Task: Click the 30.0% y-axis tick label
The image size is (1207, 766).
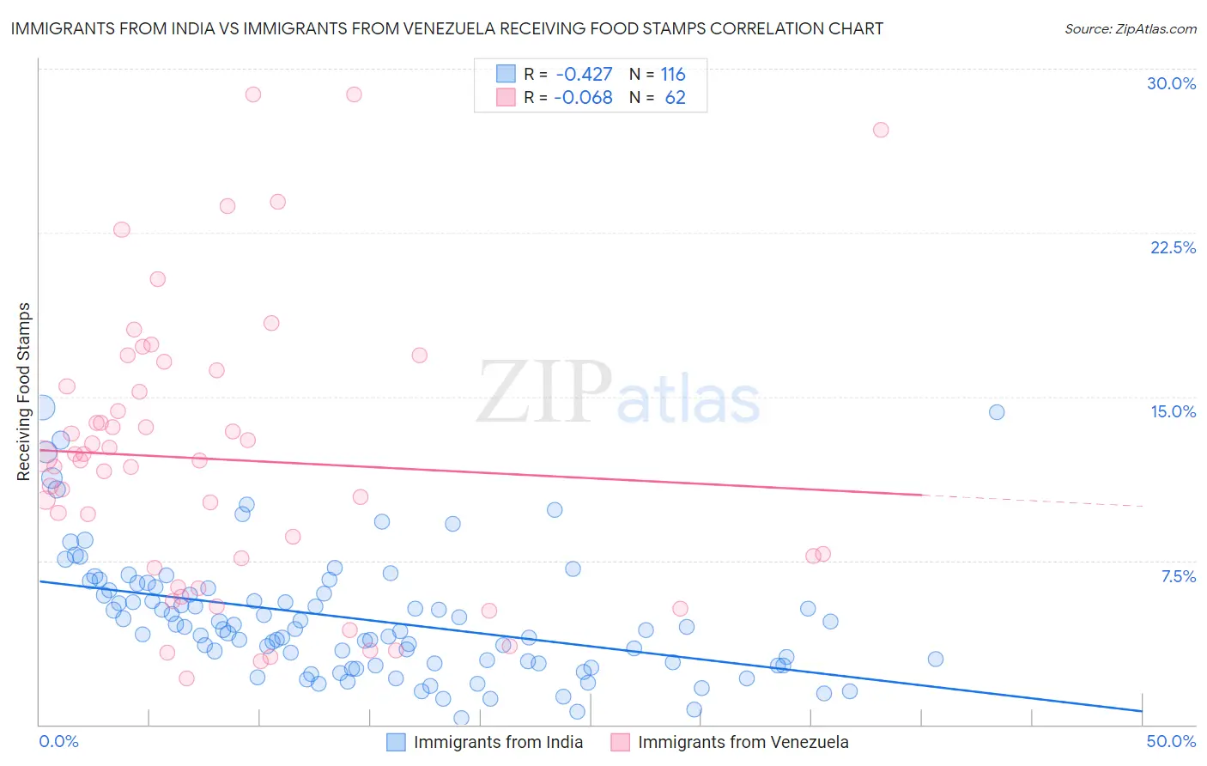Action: (1171, 83)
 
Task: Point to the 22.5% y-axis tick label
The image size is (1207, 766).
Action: (1173, 247)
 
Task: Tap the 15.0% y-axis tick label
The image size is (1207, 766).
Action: (1173, 411)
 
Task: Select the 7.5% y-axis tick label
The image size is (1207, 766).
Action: (1178, 576)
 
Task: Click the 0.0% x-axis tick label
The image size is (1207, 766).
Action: (58, 741)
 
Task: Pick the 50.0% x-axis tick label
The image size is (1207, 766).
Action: (1171, 741)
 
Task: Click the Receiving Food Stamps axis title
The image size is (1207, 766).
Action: (24, 392)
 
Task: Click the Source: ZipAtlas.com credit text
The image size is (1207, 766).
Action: (1130, 28)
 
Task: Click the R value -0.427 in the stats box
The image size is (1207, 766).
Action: (584, 75)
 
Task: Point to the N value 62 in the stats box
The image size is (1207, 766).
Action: (675, 98)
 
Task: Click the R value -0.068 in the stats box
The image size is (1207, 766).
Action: (584, 98)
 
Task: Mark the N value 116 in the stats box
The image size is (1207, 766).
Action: (673, 75)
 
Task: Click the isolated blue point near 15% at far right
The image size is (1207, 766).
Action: (996, 412)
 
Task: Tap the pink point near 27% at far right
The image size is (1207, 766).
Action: (880, 130)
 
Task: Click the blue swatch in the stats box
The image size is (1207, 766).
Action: (506, 74)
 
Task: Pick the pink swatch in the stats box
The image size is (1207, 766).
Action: (506, 97)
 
